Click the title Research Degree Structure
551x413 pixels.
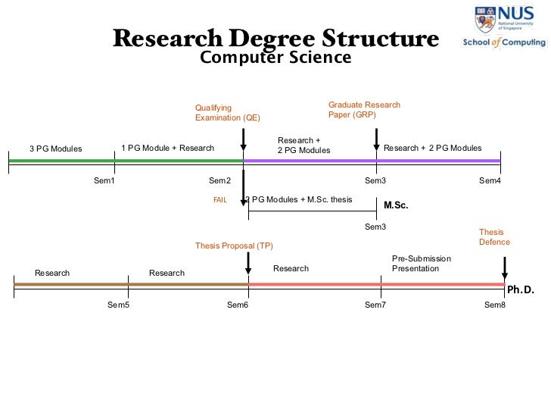pos(275,38)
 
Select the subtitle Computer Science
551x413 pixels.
pos(275,58)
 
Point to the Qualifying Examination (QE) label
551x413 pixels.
pos(227,113)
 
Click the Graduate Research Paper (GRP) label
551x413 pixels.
pos(364,110)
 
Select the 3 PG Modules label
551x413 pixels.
pos(55,149)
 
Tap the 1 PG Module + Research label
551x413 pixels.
pos(167,148)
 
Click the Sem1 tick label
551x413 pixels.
pos(104,180)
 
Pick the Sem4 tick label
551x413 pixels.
pos(490,180)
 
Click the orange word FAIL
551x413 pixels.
pos(220,200)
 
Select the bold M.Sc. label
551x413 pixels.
pos(396,205)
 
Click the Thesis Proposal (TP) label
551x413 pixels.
pos(234,246)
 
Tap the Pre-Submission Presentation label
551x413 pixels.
pos(421,264)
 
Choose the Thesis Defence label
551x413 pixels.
pos(494,237)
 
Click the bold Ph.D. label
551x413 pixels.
pos(520,289)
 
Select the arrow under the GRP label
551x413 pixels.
pos(376,139)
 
